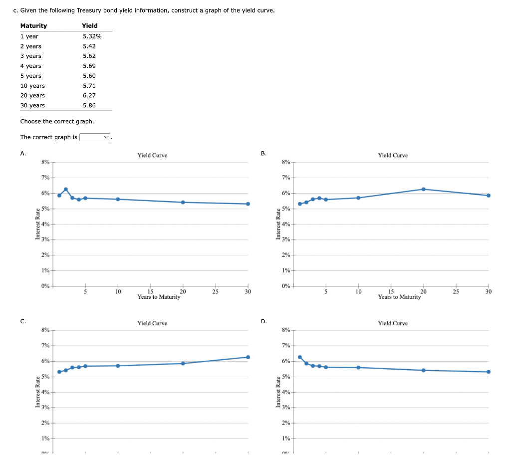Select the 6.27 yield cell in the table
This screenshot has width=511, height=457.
89,95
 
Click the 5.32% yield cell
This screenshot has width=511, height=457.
92,36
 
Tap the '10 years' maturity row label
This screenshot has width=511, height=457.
32,86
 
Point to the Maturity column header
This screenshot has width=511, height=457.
33,25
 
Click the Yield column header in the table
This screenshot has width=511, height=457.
90,25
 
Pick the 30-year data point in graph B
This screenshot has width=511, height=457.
488,196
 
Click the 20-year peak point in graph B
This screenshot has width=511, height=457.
423,189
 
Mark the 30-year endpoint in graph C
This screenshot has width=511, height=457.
248,357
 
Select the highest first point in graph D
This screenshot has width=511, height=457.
300,357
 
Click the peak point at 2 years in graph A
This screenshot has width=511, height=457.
66,189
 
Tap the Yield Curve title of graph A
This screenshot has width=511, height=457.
152,155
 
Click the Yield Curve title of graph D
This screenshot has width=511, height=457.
393,323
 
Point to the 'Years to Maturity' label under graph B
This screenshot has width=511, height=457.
399,297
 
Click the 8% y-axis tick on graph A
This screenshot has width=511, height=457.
45,162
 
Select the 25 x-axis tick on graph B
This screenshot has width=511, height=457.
456,291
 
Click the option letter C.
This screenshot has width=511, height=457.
23,321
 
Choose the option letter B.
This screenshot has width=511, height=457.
263,153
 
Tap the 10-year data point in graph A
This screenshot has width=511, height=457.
118,199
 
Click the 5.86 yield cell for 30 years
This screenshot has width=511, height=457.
89,105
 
